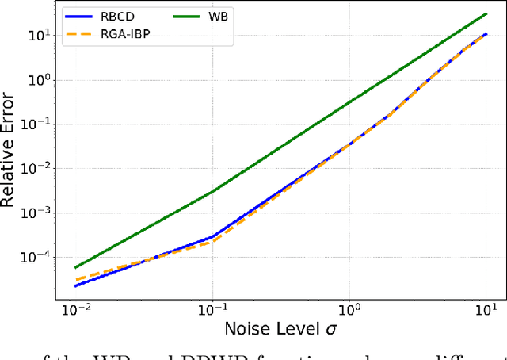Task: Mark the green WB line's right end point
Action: click(486, 13)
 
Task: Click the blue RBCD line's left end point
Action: click(75, 285)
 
